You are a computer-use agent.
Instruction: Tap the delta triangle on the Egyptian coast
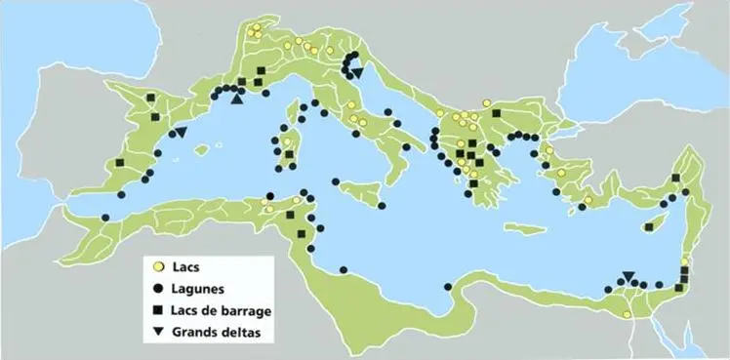click(629, 276)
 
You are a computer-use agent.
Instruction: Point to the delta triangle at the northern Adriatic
click(356, 73)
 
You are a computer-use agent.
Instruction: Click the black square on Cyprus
click(649, 227)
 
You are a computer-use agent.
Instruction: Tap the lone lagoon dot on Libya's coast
click(448, 287)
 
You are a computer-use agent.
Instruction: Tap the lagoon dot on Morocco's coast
click(105, 218)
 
